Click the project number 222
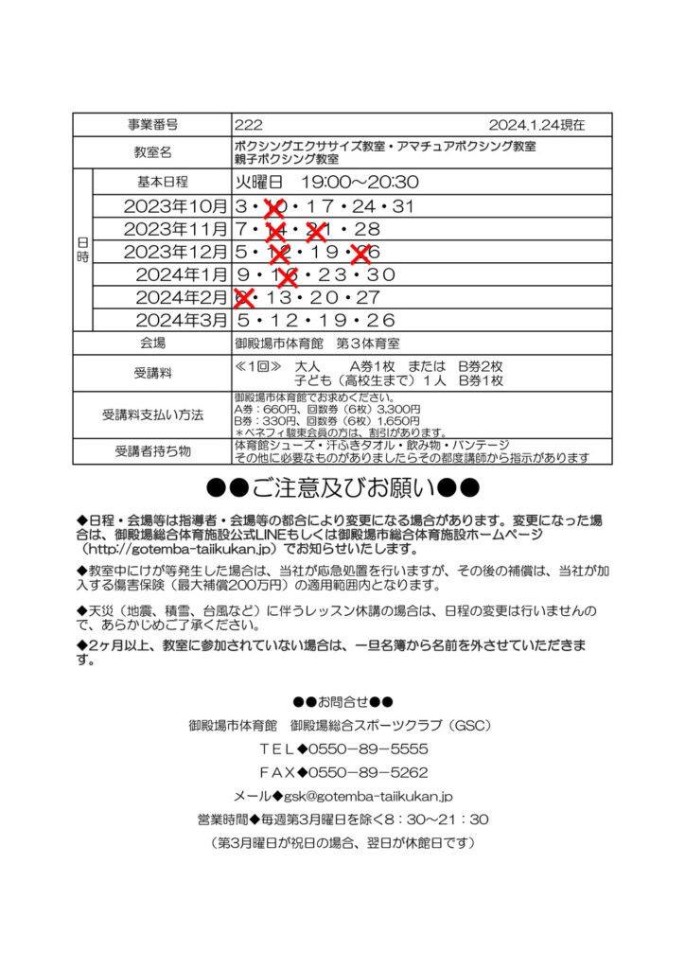tap(249, 125)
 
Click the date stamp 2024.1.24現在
tap(536, 125)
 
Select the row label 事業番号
tap(152, 125)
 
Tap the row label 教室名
tap(152, 152)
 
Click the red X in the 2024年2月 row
tap(243, 298)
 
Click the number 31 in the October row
tap(403, 206)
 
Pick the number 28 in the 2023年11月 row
tap(368, 230)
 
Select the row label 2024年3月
tap(182, 321)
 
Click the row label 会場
tap(152, 344)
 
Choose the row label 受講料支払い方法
tap(152, 414)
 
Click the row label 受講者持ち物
tap(152, 450)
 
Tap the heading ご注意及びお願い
tap(342, 488)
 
